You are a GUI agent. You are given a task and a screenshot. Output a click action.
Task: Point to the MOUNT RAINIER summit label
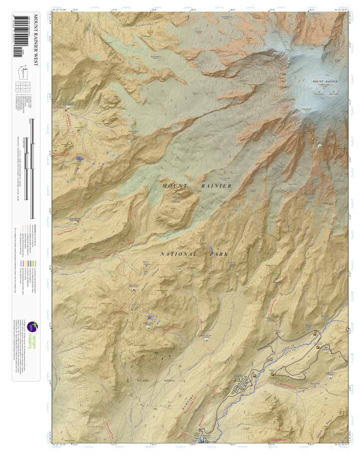click(325, 81)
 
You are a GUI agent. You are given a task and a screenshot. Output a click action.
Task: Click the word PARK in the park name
click(220, 254)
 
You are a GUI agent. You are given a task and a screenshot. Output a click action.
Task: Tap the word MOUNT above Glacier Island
click(175, 186)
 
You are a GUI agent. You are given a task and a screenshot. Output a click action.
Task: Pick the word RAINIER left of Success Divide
click(216, 186)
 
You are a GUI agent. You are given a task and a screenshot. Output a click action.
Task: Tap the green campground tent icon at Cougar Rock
click(238, 380)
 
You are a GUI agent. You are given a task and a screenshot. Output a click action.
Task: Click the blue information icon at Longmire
click(201, 441)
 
